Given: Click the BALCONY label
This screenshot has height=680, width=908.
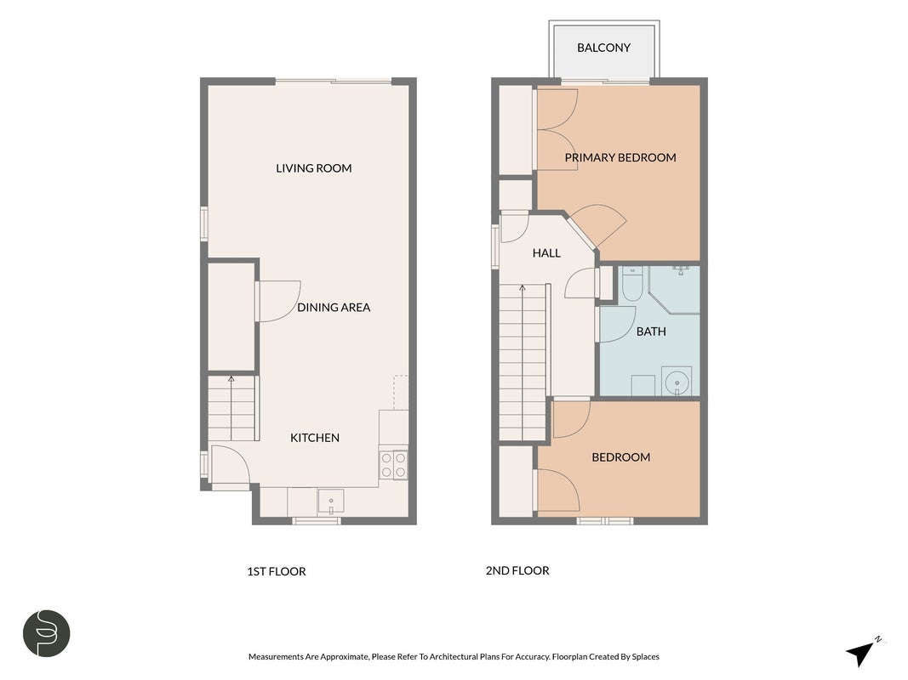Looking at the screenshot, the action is tap(603, 48).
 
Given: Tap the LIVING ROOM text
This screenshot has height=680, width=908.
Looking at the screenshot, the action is tap(314, 168).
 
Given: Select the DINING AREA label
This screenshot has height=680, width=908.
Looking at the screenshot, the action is tap(334, 308).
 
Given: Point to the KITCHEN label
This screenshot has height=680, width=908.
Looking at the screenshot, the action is tap(315, 438).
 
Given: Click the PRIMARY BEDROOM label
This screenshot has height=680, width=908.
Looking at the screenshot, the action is tap(620, 157).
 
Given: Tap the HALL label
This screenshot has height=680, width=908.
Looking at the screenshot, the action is tap(546, 252).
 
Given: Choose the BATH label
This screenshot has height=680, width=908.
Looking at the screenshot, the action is tap(651, 331).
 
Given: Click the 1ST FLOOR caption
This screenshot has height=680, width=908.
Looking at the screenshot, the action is tap(277, 571).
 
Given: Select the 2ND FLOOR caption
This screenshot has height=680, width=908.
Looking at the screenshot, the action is tap(517, 570).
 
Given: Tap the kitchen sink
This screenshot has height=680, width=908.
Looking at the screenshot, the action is tap(331, 501).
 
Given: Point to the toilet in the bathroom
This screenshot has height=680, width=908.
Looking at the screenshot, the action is tap(631, 283).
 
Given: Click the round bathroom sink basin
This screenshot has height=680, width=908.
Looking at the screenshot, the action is tap(677, 382).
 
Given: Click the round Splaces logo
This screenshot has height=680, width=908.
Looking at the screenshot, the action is tap(47, 633).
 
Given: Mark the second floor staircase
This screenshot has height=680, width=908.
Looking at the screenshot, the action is tap(523, 363).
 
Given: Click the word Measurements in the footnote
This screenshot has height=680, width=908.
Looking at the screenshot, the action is tap(276, 656).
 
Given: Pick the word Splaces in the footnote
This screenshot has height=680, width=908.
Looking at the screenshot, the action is tap(646, 657).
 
